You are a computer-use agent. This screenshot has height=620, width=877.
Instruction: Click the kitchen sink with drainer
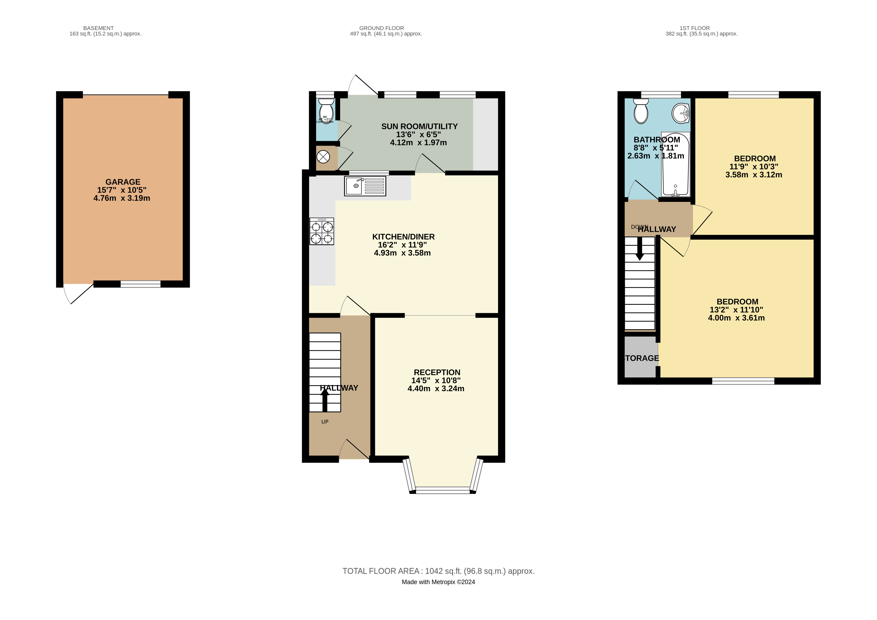[365, 186]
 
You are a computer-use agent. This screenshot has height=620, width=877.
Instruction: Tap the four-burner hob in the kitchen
[322, 231]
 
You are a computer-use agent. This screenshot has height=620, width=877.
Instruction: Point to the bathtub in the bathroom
[675, 164]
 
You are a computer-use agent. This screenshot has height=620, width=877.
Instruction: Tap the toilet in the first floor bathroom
[641, 111]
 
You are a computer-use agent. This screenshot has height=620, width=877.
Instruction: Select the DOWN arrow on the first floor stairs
[639, 249]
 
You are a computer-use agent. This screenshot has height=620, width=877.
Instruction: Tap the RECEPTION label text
[437, 372]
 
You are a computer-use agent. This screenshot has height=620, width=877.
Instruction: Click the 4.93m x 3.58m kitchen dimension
[402, 253]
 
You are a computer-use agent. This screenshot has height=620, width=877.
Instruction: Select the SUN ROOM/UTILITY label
[419, 126]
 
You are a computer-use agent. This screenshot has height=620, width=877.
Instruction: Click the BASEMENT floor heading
[98, 28]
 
